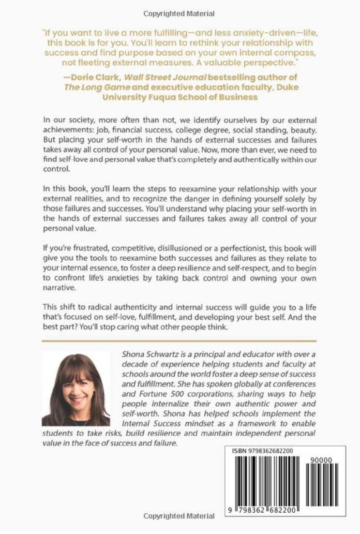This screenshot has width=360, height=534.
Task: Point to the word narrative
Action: click(60, 288)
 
